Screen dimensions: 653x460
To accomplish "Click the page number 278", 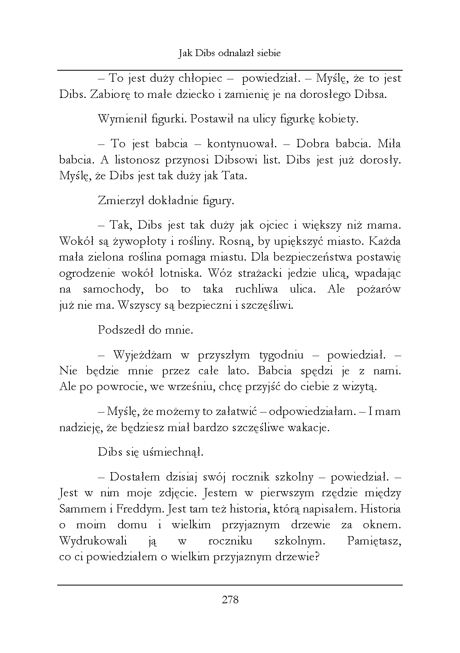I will pos(230,600).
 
